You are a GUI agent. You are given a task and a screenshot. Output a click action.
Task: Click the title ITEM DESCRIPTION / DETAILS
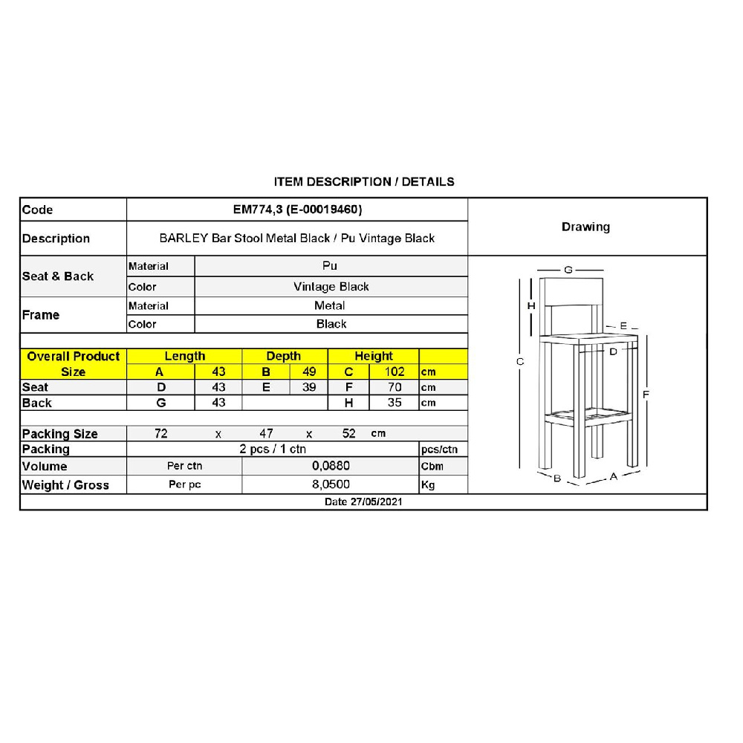click(363, 181)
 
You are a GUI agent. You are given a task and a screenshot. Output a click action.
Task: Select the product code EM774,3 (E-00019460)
click(297, 210)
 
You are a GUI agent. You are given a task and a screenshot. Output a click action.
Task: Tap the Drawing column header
click(585, 227)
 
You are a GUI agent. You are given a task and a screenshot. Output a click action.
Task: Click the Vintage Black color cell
click(331, 287)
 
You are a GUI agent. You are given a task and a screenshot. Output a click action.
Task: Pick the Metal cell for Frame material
click(330, 305)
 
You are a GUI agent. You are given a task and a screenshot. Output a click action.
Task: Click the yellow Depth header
click(283, 356)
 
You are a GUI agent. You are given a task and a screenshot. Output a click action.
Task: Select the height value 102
click(394, 371)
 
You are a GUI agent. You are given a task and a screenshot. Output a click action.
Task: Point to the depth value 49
click(309, 371)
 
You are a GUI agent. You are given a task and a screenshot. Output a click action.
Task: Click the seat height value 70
click(395, 387)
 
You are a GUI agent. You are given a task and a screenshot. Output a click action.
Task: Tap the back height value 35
click(395, 403)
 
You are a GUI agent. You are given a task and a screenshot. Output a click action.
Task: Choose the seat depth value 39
click(309, 387)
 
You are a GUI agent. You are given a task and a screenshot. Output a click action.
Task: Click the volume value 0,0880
click(331, 466)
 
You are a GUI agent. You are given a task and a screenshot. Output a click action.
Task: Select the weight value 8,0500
click(331, 484)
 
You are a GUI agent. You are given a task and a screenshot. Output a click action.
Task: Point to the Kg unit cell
click(428, 485)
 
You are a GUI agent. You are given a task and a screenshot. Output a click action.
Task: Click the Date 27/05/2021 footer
click(363, 502)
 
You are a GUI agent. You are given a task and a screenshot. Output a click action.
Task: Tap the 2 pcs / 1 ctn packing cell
click(273, 449)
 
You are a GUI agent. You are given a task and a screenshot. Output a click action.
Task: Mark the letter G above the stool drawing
click(568, 270)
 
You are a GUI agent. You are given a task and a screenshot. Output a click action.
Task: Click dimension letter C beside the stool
click(520, 362)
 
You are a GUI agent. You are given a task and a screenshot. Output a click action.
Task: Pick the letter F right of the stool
click(646, 394)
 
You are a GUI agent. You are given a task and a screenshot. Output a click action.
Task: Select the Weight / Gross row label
click(65, 485)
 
